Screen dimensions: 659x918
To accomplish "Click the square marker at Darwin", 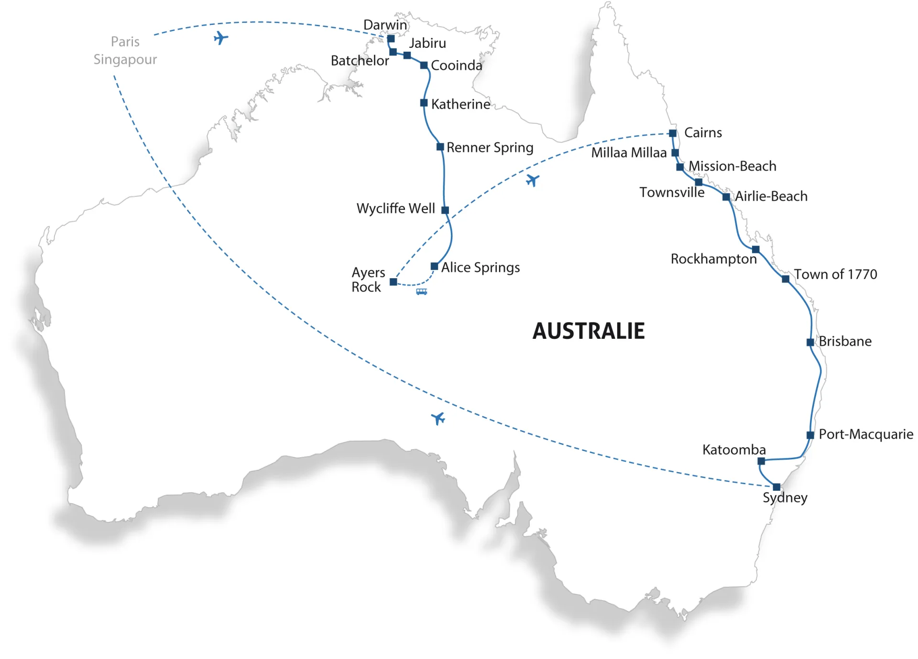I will point(391,39).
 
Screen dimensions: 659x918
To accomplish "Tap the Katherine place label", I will point(460,104).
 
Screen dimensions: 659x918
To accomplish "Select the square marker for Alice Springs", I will point(434,266).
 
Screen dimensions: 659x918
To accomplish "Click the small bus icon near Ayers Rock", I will point(421,292).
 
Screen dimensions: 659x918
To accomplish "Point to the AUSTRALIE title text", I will point(589,331).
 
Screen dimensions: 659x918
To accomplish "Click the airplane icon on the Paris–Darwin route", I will point(220,38).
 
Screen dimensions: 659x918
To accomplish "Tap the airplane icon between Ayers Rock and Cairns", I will point(532,181).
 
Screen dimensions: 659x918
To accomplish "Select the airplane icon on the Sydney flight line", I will point(438,419).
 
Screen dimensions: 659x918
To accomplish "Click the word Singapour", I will point(125,59).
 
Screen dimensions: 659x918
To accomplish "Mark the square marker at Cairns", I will point(672,133).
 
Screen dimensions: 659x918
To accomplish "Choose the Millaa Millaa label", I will point(628,152).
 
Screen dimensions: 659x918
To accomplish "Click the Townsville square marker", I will point(699,182).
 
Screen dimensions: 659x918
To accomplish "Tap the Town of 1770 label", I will point(835,274).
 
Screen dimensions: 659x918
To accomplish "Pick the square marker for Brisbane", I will point(810,342).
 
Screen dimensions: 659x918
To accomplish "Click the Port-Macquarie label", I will point(865,434).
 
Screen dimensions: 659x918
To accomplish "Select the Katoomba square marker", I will point(761,461).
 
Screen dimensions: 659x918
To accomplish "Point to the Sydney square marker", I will point(776,487).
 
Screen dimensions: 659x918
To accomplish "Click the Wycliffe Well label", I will point(395,208).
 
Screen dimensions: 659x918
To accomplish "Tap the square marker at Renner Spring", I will point(440,147).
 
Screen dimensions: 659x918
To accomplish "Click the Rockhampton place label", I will point(713,259).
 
